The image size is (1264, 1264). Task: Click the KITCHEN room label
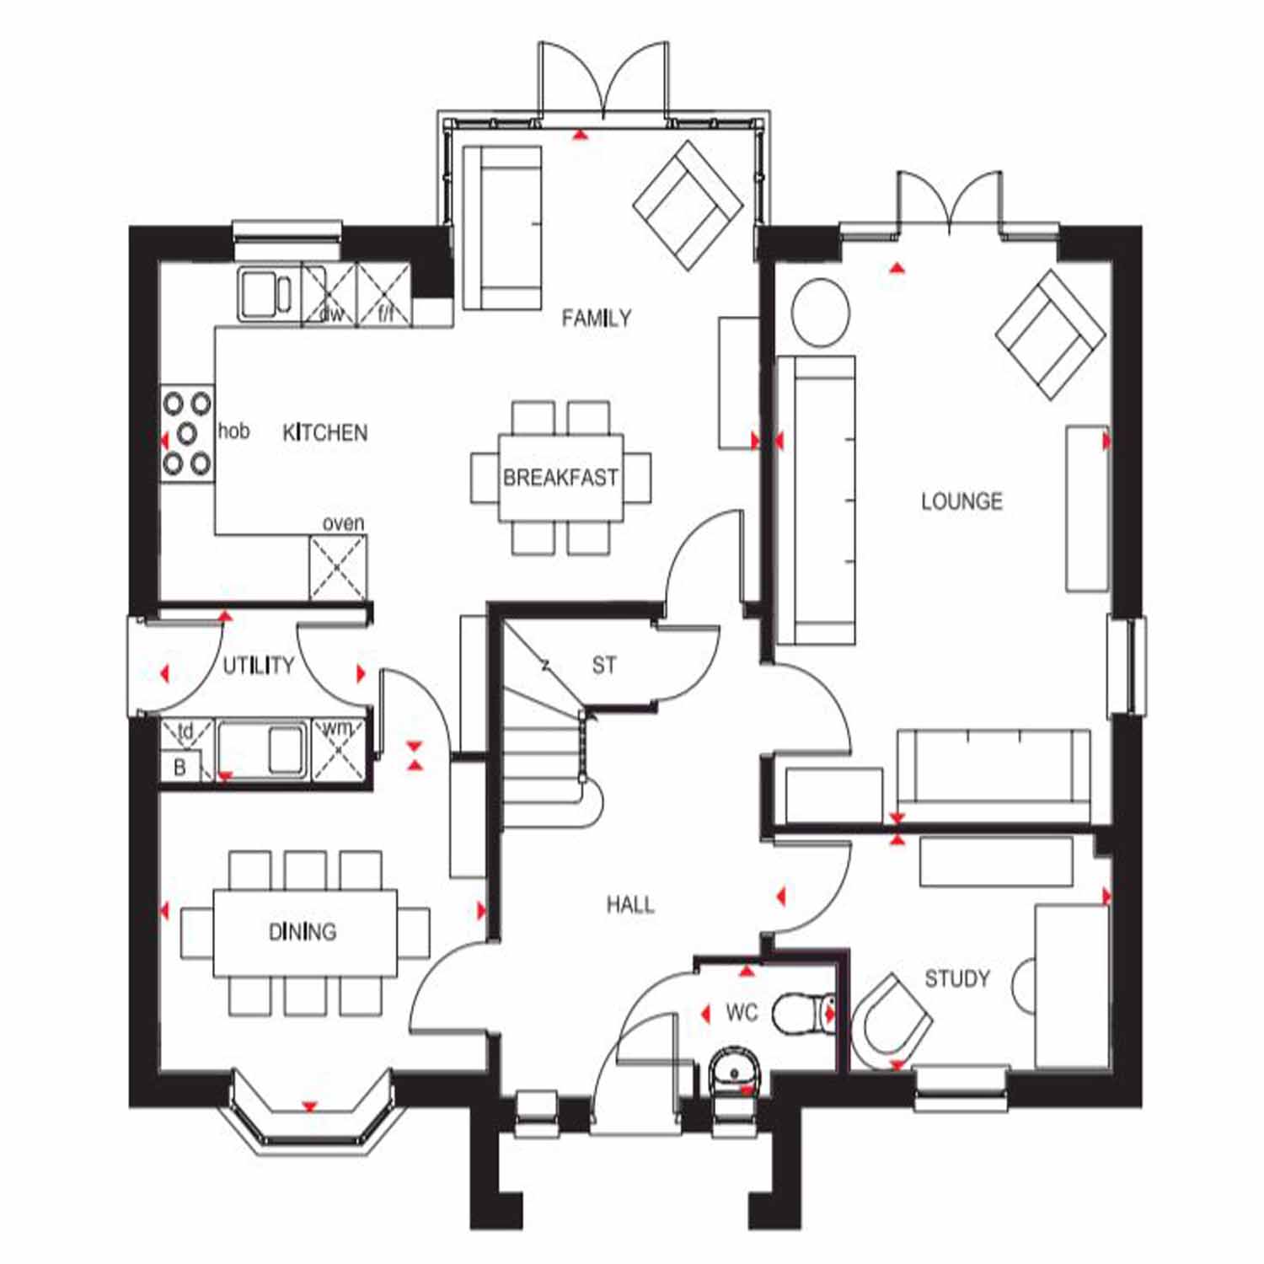tap(325, 433)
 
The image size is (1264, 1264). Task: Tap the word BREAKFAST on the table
tap(560, 478)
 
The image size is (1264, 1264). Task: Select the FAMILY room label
tap(597, 318)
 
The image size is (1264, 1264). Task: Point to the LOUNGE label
tap(961, 501)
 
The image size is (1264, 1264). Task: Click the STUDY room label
tap(957, 978)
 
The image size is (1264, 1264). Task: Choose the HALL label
tap(630, 905)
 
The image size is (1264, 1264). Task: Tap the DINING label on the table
tap(303, 931)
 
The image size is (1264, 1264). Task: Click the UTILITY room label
tap(258, 666)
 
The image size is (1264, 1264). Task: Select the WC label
tap(742, 1012)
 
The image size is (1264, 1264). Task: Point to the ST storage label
tap(603, 666)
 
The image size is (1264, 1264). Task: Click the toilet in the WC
tap(803, 1012)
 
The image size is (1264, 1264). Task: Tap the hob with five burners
tap(187, 435)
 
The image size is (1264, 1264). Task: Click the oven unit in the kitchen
tap(338, 568)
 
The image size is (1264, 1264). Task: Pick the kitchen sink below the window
tap(269, 294)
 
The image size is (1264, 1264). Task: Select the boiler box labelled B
tap(179, 767)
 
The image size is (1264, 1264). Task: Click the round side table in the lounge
tap(820, 312)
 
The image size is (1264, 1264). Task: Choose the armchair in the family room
tap(688, 205)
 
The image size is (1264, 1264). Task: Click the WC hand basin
tap(736, 1071)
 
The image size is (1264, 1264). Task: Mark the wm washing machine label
tap(337, 729)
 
